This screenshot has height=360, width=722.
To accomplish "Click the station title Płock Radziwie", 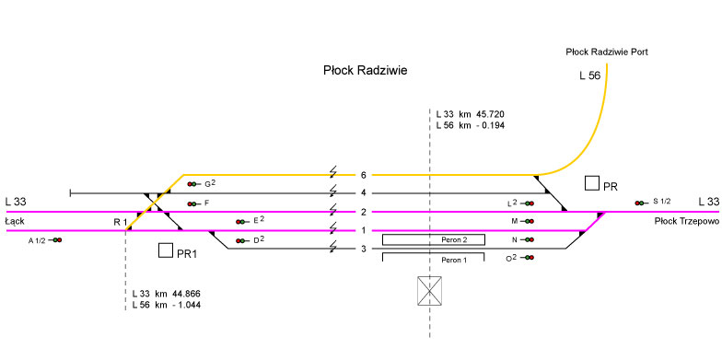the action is (365, 70).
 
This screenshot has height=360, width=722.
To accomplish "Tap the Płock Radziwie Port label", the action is (607, 52).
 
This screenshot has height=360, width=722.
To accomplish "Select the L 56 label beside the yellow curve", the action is (589, 75).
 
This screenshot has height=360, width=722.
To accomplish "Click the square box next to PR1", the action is (166, 250).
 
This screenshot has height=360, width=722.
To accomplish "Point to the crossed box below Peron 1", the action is (429, 291).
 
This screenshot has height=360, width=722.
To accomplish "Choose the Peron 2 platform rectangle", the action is (434, 239).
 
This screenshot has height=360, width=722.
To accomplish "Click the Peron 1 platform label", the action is (454, 260).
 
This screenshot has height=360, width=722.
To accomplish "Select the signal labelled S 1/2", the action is (639, 203).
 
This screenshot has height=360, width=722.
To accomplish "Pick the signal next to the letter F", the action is (192, 203).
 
